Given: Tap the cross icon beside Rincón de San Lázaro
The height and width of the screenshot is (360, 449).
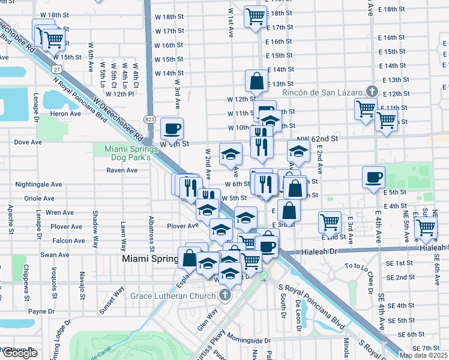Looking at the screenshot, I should (x=372, y=92).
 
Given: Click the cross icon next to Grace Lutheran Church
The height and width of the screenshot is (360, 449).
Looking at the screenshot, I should (x=225, y=295).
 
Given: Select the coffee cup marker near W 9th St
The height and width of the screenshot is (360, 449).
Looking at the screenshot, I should (x=172, y=128).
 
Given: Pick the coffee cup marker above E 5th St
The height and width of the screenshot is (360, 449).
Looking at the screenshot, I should (x=373, y=177).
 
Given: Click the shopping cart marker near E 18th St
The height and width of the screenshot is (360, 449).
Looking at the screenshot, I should (x=256, y=16).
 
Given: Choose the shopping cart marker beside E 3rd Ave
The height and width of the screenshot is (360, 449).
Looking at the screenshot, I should (x=330, y=223).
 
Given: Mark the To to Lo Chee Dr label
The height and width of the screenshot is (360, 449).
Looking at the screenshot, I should (x=366, y=265).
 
